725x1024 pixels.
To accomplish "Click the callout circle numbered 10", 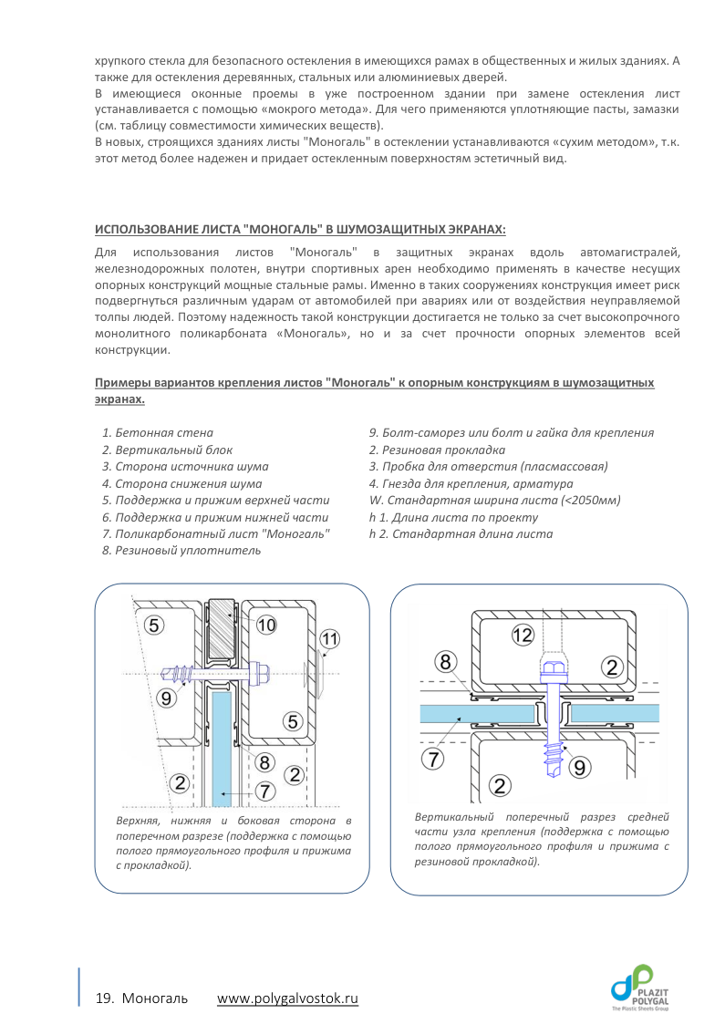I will pyautogui.click(x=266, y=625).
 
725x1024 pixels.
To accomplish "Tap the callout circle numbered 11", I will pyautogui.click(x=329, y=640).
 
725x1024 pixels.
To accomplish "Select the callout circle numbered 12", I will pyautogui.click(x=521, y=637).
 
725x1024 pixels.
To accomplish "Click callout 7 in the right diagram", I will pyautogui.click(x=434, y=756).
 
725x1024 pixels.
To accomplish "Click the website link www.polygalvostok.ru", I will pyautogui.click(x=287, y=998).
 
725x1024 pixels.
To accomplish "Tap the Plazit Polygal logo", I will pyautogui.click(x=645, y=988).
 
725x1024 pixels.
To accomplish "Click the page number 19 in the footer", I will pyautogui.click(x=103, y=998).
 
